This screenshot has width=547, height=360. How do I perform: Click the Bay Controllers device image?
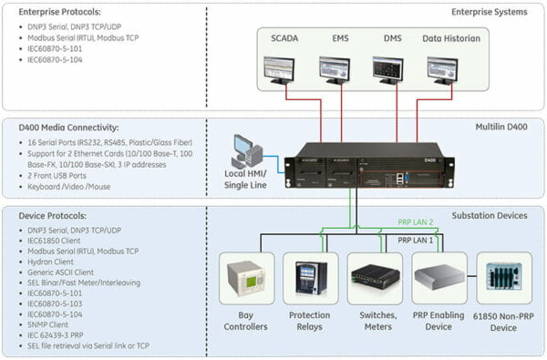[246, 277]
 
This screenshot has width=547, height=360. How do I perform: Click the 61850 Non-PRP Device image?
[503, 277]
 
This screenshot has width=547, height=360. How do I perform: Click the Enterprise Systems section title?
[489, 12]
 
